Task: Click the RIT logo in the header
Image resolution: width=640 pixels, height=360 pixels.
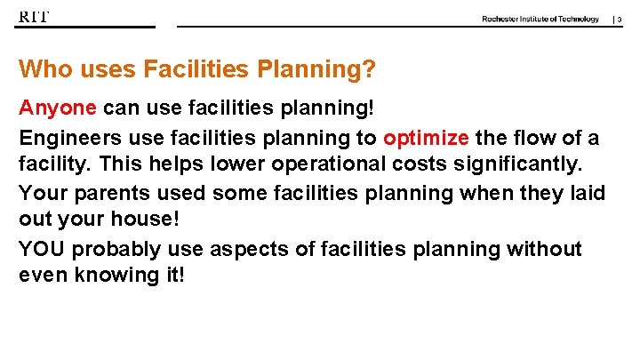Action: (34, 17)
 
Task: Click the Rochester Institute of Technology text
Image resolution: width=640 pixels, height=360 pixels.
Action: (540, 19)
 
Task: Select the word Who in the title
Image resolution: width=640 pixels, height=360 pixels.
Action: (41, 69)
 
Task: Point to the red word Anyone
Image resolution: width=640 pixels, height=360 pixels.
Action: (58, 108)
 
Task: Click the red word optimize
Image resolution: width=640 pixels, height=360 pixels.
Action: (426, 138)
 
